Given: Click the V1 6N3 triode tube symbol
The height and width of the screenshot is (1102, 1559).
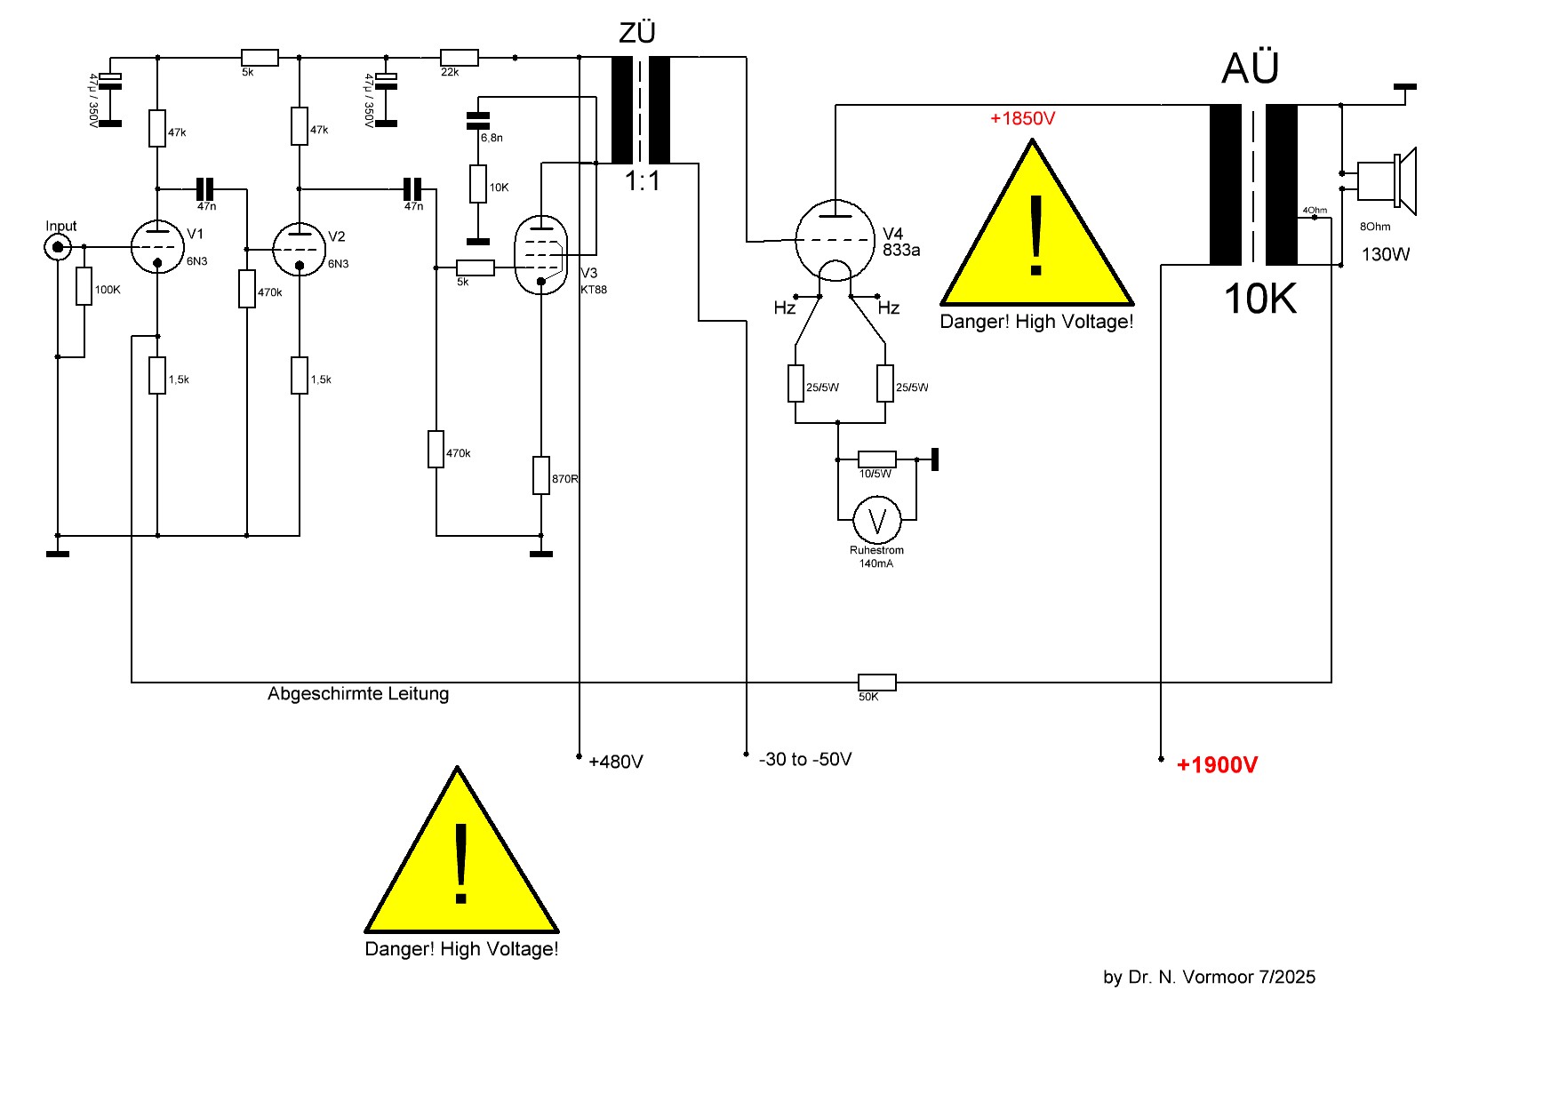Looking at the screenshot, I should (157, 246).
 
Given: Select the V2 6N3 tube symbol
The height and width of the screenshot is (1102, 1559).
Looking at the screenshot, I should (300, 249).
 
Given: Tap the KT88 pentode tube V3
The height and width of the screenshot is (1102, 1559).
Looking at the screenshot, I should (540, 255).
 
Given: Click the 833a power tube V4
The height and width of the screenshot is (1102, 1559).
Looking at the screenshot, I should (835, 240).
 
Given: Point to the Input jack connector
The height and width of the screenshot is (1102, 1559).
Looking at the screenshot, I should (58, 247).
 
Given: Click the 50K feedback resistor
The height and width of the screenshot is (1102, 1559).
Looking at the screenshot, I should (876, 683).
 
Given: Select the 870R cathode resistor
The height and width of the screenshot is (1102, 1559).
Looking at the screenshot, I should (541, 475).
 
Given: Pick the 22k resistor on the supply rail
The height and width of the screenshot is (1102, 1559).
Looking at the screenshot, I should (460, 58).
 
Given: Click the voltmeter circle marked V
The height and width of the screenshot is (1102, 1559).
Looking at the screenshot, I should (877, 520).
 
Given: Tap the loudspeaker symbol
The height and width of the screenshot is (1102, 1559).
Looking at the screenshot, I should (1385, 181).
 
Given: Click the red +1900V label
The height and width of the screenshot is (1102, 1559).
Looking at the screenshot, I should (1217, 765).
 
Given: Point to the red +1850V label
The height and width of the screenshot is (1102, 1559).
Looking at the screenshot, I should (1022, 119).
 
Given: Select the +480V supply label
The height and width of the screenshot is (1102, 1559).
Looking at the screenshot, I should (615, 763).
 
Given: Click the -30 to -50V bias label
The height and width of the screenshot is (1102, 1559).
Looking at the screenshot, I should (805, 760).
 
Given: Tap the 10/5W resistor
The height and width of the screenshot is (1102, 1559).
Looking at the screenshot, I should (876, 459).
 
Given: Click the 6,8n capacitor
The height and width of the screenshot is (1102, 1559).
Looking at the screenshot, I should (478, 121).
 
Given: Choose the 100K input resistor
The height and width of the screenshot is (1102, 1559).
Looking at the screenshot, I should (84, 286).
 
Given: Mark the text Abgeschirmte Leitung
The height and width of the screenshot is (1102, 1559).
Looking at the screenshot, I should (358, 694).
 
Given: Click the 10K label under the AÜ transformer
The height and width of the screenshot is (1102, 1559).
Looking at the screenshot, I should (1259, 299).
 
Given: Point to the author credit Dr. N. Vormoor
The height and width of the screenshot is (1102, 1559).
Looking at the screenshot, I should (1209, 978).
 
